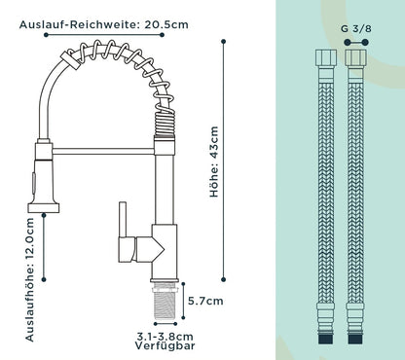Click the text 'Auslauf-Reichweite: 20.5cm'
104,24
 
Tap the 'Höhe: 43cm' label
214,162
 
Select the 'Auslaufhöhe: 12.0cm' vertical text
29,279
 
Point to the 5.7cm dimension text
205,301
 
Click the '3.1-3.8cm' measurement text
165,337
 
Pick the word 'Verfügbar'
165,345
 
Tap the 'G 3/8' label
356,28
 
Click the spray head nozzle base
44,207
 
